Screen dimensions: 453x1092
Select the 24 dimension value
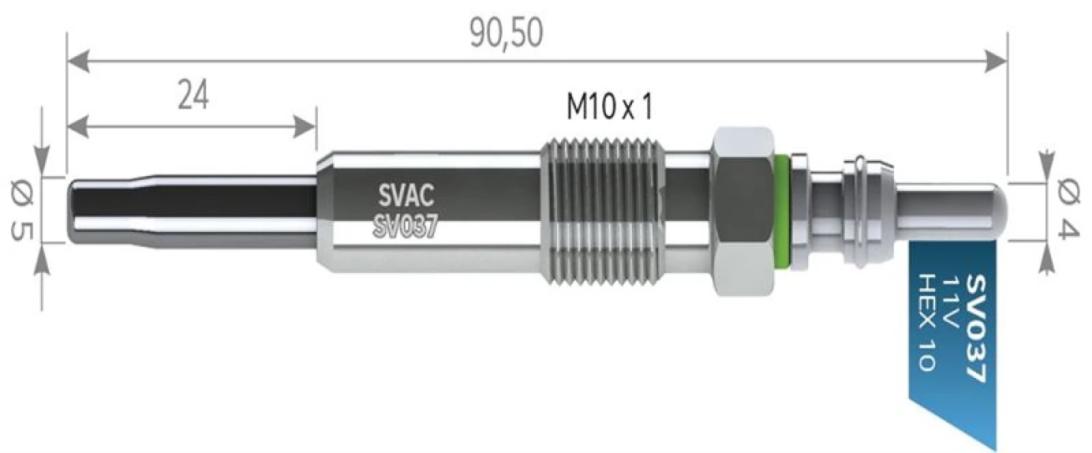point(193,96)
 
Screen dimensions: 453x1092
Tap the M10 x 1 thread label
point(609,107)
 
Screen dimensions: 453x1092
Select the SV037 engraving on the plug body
point(403,225)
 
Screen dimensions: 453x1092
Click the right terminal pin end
point(996,210)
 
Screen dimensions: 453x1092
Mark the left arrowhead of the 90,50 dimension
point(76,59)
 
